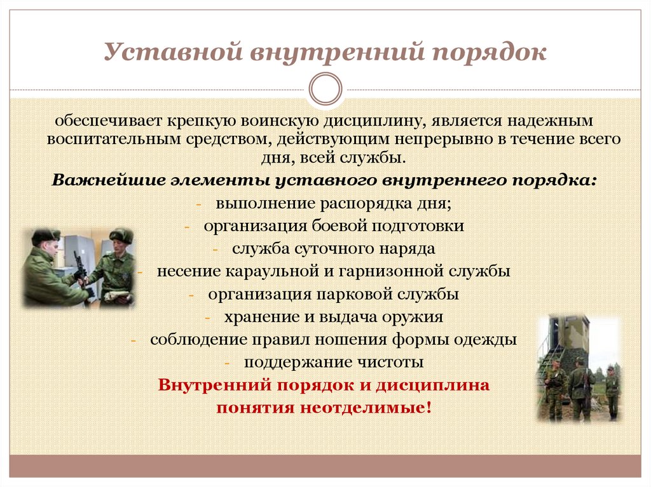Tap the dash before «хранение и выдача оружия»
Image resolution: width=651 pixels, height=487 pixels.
(x=209, y=317)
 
